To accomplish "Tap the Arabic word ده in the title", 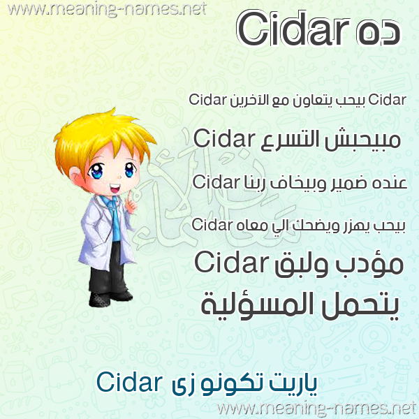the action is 378,33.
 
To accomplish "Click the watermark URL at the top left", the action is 107,9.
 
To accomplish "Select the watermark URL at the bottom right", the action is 317,409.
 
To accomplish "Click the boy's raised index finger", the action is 129,197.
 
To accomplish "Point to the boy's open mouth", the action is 115,189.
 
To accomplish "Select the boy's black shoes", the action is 110,298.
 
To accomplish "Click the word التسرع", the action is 290,140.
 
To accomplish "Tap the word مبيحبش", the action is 362,140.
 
